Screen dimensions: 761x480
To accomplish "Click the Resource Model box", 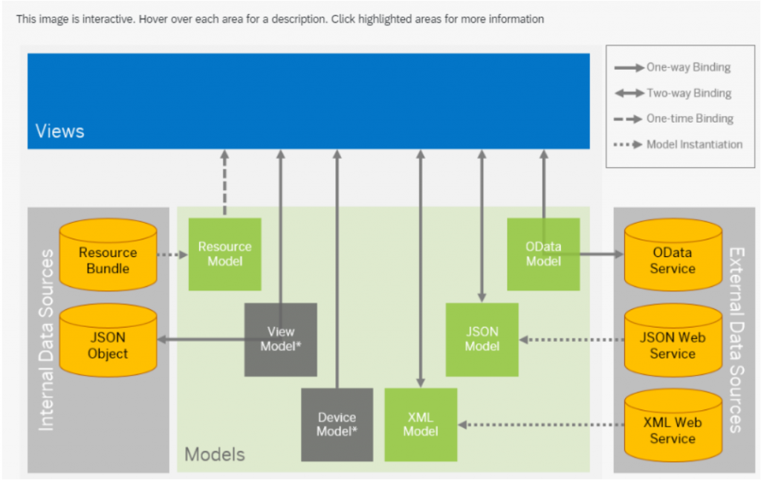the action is point(224,254).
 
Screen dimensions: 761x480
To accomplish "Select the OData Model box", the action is point(543,254).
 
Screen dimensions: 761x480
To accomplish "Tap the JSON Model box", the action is point(482,340).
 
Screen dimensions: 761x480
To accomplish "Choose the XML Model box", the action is point(421,425).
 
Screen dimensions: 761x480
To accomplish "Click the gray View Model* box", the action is point(280,340).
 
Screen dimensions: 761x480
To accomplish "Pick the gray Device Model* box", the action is point(337,425).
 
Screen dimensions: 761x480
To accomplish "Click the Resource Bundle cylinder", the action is point(109,254).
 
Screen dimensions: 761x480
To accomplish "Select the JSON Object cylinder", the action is point(109,340).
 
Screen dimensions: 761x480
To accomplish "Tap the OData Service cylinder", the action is point(673,254).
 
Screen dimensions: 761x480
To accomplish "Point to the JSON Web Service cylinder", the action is point(673,340).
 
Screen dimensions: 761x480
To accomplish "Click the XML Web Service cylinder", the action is point(673,425).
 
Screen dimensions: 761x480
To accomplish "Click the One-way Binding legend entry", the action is point(672,68).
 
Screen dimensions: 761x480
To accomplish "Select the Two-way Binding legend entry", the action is point(673,93).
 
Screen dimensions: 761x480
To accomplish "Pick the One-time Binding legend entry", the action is point(673,119).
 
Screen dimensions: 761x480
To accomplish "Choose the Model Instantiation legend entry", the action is point(678,145).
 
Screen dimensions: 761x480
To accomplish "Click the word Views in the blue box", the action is point(59,131).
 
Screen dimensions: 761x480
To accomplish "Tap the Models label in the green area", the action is point(215,454).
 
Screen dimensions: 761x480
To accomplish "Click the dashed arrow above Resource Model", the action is point(224,183).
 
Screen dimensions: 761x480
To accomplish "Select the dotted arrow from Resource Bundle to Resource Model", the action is point(172,254).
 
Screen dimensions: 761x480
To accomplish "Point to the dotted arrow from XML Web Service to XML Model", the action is point(541,425).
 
